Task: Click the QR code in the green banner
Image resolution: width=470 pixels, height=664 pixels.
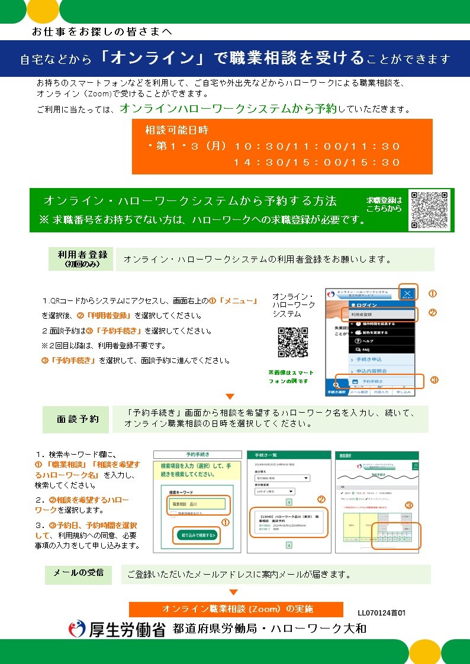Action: pyautogui.click(x=430, y=210)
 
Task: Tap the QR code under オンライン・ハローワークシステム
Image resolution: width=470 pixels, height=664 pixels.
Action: pyautogui.click(x=292, y=342)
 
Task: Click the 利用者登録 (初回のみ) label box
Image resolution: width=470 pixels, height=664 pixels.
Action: pyautogui.click(x=82, y=259)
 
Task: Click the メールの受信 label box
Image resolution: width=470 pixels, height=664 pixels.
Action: pyautogui.click(x=78, y=574)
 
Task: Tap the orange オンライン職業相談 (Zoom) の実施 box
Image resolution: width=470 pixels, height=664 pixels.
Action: pyautogui.click(x=236, y=609)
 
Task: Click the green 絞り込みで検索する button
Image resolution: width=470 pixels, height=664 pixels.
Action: pyautogui.click(x=197, y=536)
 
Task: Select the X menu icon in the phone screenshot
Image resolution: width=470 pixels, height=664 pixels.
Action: pyautogui.click(x=408, y=293)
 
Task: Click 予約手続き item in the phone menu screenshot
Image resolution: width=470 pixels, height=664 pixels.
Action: pyautogui.click(x=379, y=381)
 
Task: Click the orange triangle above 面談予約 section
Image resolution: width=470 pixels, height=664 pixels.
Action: pyautogui.click(x=230, y=396)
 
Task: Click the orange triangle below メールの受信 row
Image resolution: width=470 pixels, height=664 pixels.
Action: pyautogui.click(x=234, y=592)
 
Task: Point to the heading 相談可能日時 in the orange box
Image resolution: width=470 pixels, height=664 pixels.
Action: pyautogui.click(x=177, y=130)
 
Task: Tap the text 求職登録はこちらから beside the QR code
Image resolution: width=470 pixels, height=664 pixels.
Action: pyautogui.click(x=384, y=204)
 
